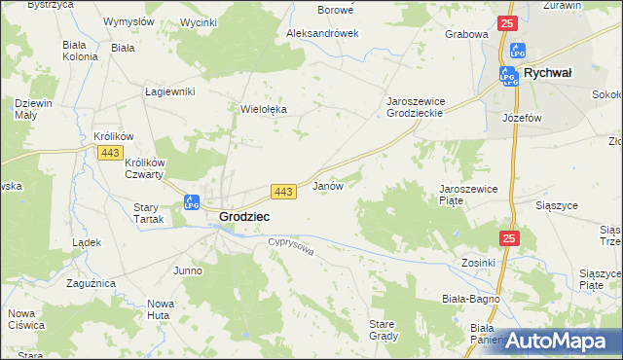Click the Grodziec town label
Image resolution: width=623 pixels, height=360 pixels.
coord(244,216)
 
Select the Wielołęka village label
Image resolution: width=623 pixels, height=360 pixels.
coord(264,110)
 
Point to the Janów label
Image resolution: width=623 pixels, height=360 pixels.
coord(327,185)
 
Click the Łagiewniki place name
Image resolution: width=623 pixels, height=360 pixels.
coord(170,91)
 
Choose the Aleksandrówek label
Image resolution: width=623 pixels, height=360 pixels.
coord(322,32)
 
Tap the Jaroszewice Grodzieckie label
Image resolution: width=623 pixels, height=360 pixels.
coord(429,107)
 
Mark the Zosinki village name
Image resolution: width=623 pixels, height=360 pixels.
coord(479,263)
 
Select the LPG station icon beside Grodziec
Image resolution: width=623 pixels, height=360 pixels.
coord(192,202)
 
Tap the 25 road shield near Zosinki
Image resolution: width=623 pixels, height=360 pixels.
coord(511,238)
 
